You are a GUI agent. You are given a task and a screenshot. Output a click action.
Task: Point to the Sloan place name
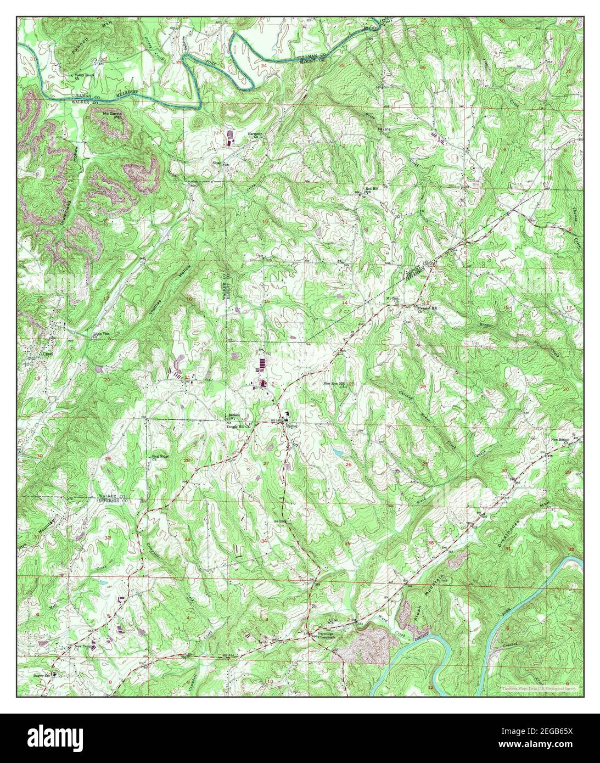click(x=217, y=162)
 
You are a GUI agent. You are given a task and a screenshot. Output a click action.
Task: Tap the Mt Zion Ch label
click(x=392, y=299)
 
